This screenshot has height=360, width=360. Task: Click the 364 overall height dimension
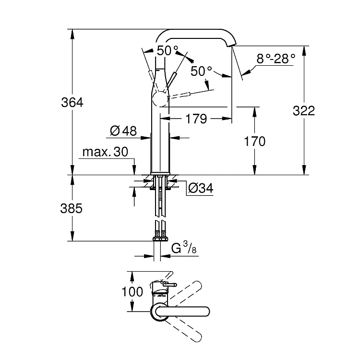click(x=72, y=103)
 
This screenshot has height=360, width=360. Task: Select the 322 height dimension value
click(x=304, y=110)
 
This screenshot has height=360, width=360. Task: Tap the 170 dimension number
click(x=255, y=141)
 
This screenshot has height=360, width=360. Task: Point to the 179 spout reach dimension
click(x=196, y=118)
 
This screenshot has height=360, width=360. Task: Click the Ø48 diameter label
click(x=123, y=131)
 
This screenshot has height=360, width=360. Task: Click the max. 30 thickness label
click(x=105, y=152)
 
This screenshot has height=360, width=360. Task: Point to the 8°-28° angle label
click(x=275, y=59)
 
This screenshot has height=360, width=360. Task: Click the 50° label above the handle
click(x=167, y=50)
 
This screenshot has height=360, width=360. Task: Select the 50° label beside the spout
click(x=202, y=71)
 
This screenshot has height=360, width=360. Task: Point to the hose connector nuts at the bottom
click(x=160, y=237)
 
